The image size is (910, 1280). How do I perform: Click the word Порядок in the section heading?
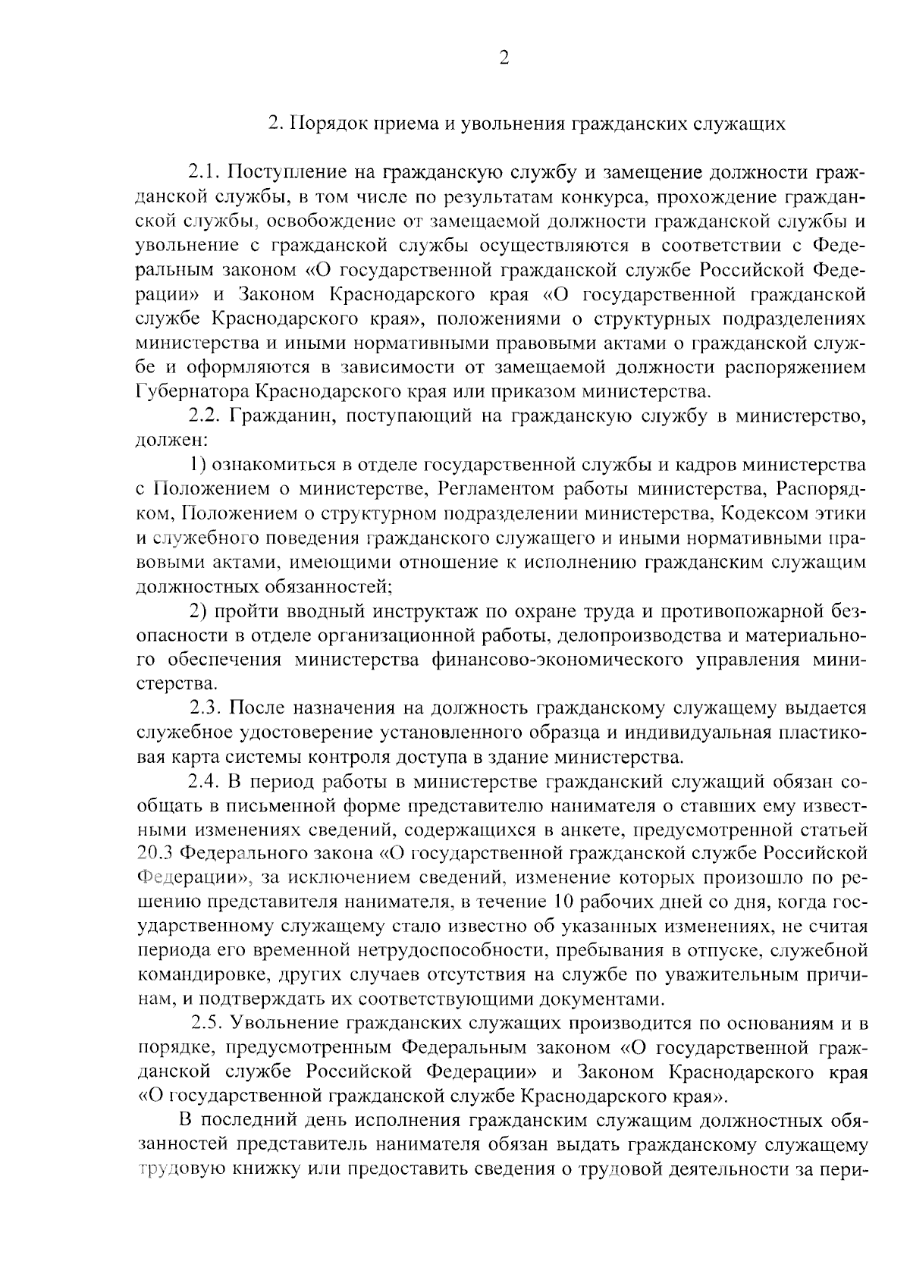click(324, 124)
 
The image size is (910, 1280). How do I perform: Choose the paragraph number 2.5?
click(207, 1024)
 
